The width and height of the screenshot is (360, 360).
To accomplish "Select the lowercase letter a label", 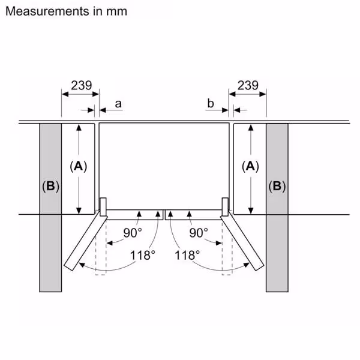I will point(118,104).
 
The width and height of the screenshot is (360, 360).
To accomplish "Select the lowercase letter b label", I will point(210,104).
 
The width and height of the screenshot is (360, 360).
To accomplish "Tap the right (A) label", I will point(251,166).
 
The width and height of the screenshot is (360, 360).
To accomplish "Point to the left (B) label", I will point(51,187).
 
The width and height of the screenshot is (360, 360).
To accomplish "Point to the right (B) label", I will point(277,187).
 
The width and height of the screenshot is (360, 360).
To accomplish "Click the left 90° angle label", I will point(132,232).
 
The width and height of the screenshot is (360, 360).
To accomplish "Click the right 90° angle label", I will point(198,232).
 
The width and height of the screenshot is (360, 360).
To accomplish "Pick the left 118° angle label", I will point(143,254).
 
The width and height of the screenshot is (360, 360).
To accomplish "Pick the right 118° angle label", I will point(187,254).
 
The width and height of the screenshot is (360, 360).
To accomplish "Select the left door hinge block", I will point(103,206).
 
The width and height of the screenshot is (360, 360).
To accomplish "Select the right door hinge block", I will point(225,206).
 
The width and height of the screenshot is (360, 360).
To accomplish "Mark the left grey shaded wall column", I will point(51,240).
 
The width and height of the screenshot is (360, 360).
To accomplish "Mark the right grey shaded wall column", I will point(277,240).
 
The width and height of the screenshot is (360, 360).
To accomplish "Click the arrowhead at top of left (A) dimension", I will point(78,127).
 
